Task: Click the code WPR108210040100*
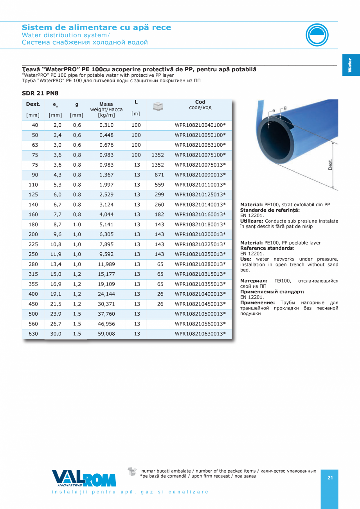tap(200, 125)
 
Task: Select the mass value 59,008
tap(106, 334)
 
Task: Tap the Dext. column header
tap(33, 104)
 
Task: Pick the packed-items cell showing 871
tap(157, 174)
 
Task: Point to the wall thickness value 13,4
tap(55, 264)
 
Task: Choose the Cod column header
tap(200, 102)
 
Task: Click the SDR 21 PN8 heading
tap(40, 93)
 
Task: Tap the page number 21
tap(330, 478)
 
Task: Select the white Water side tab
tap(350, 65)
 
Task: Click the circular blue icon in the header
tap(317, 35)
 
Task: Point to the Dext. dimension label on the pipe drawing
tap(331, 165)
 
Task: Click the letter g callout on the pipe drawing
tap(285, 108)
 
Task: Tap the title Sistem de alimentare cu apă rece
tap(96, 27)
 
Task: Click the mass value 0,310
tap(106, 125)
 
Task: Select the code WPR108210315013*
tap(200, 274)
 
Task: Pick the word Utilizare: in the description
tap(252, 221)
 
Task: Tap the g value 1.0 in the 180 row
tap(77, 224)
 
